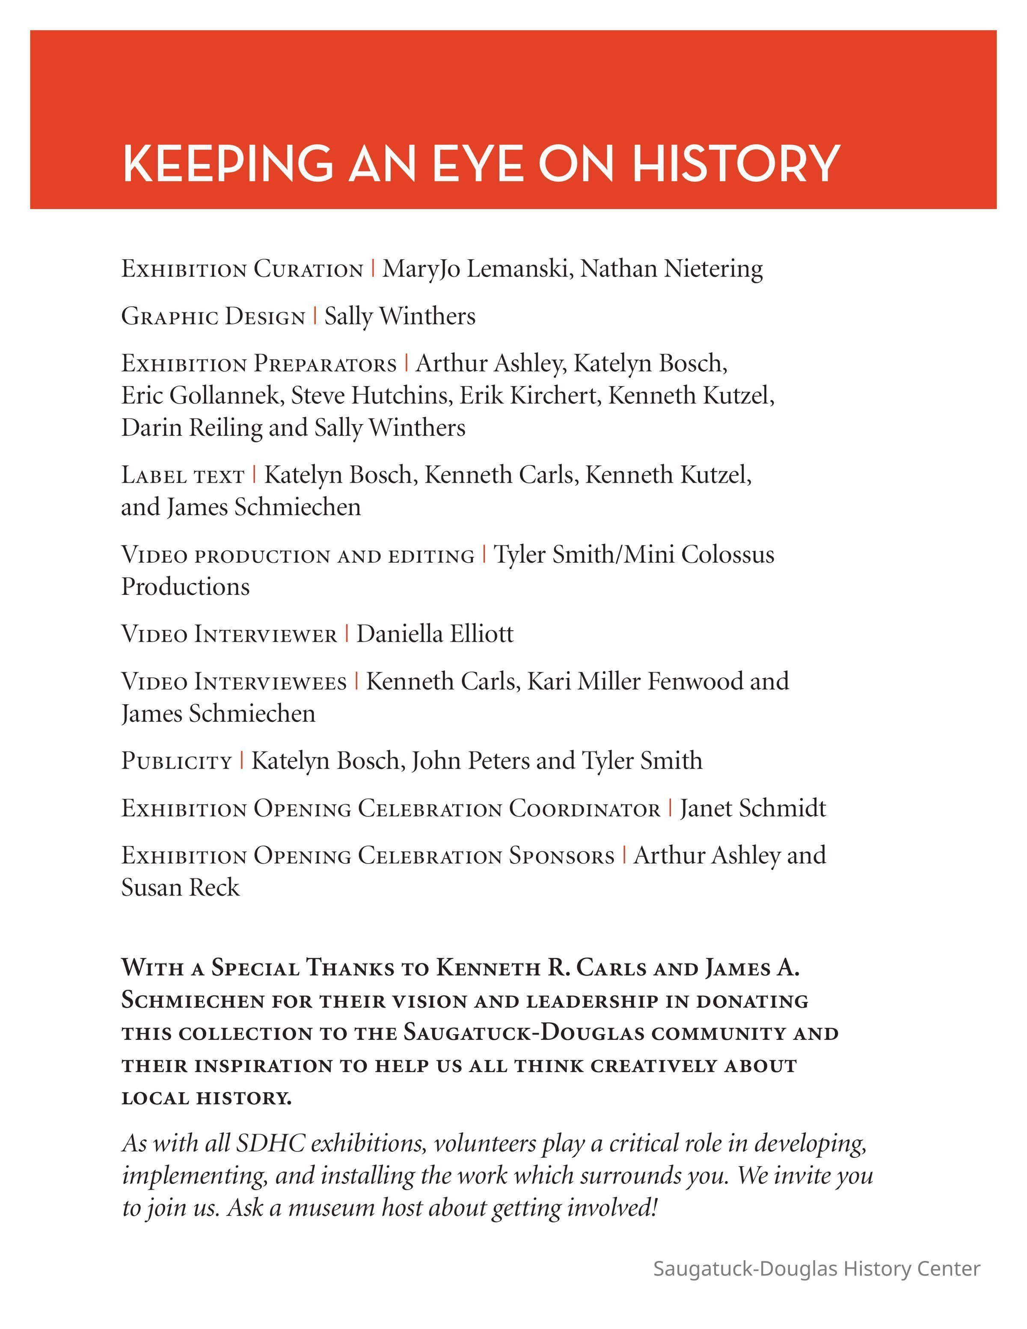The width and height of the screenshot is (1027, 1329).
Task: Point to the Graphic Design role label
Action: point(213,317)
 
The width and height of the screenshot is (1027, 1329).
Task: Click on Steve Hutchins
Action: point(370,395)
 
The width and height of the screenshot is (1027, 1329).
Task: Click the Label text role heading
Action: point(183,475)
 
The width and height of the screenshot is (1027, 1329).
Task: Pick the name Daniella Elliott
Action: point(434,634)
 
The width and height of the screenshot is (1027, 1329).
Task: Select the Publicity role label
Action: point(176,761)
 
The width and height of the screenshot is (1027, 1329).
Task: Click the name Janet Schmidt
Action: point(753,809)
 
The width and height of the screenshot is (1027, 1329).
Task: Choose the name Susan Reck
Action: point(180,888)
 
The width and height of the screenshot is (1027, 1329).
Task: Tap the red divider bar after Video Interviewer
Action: point(347,634)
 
